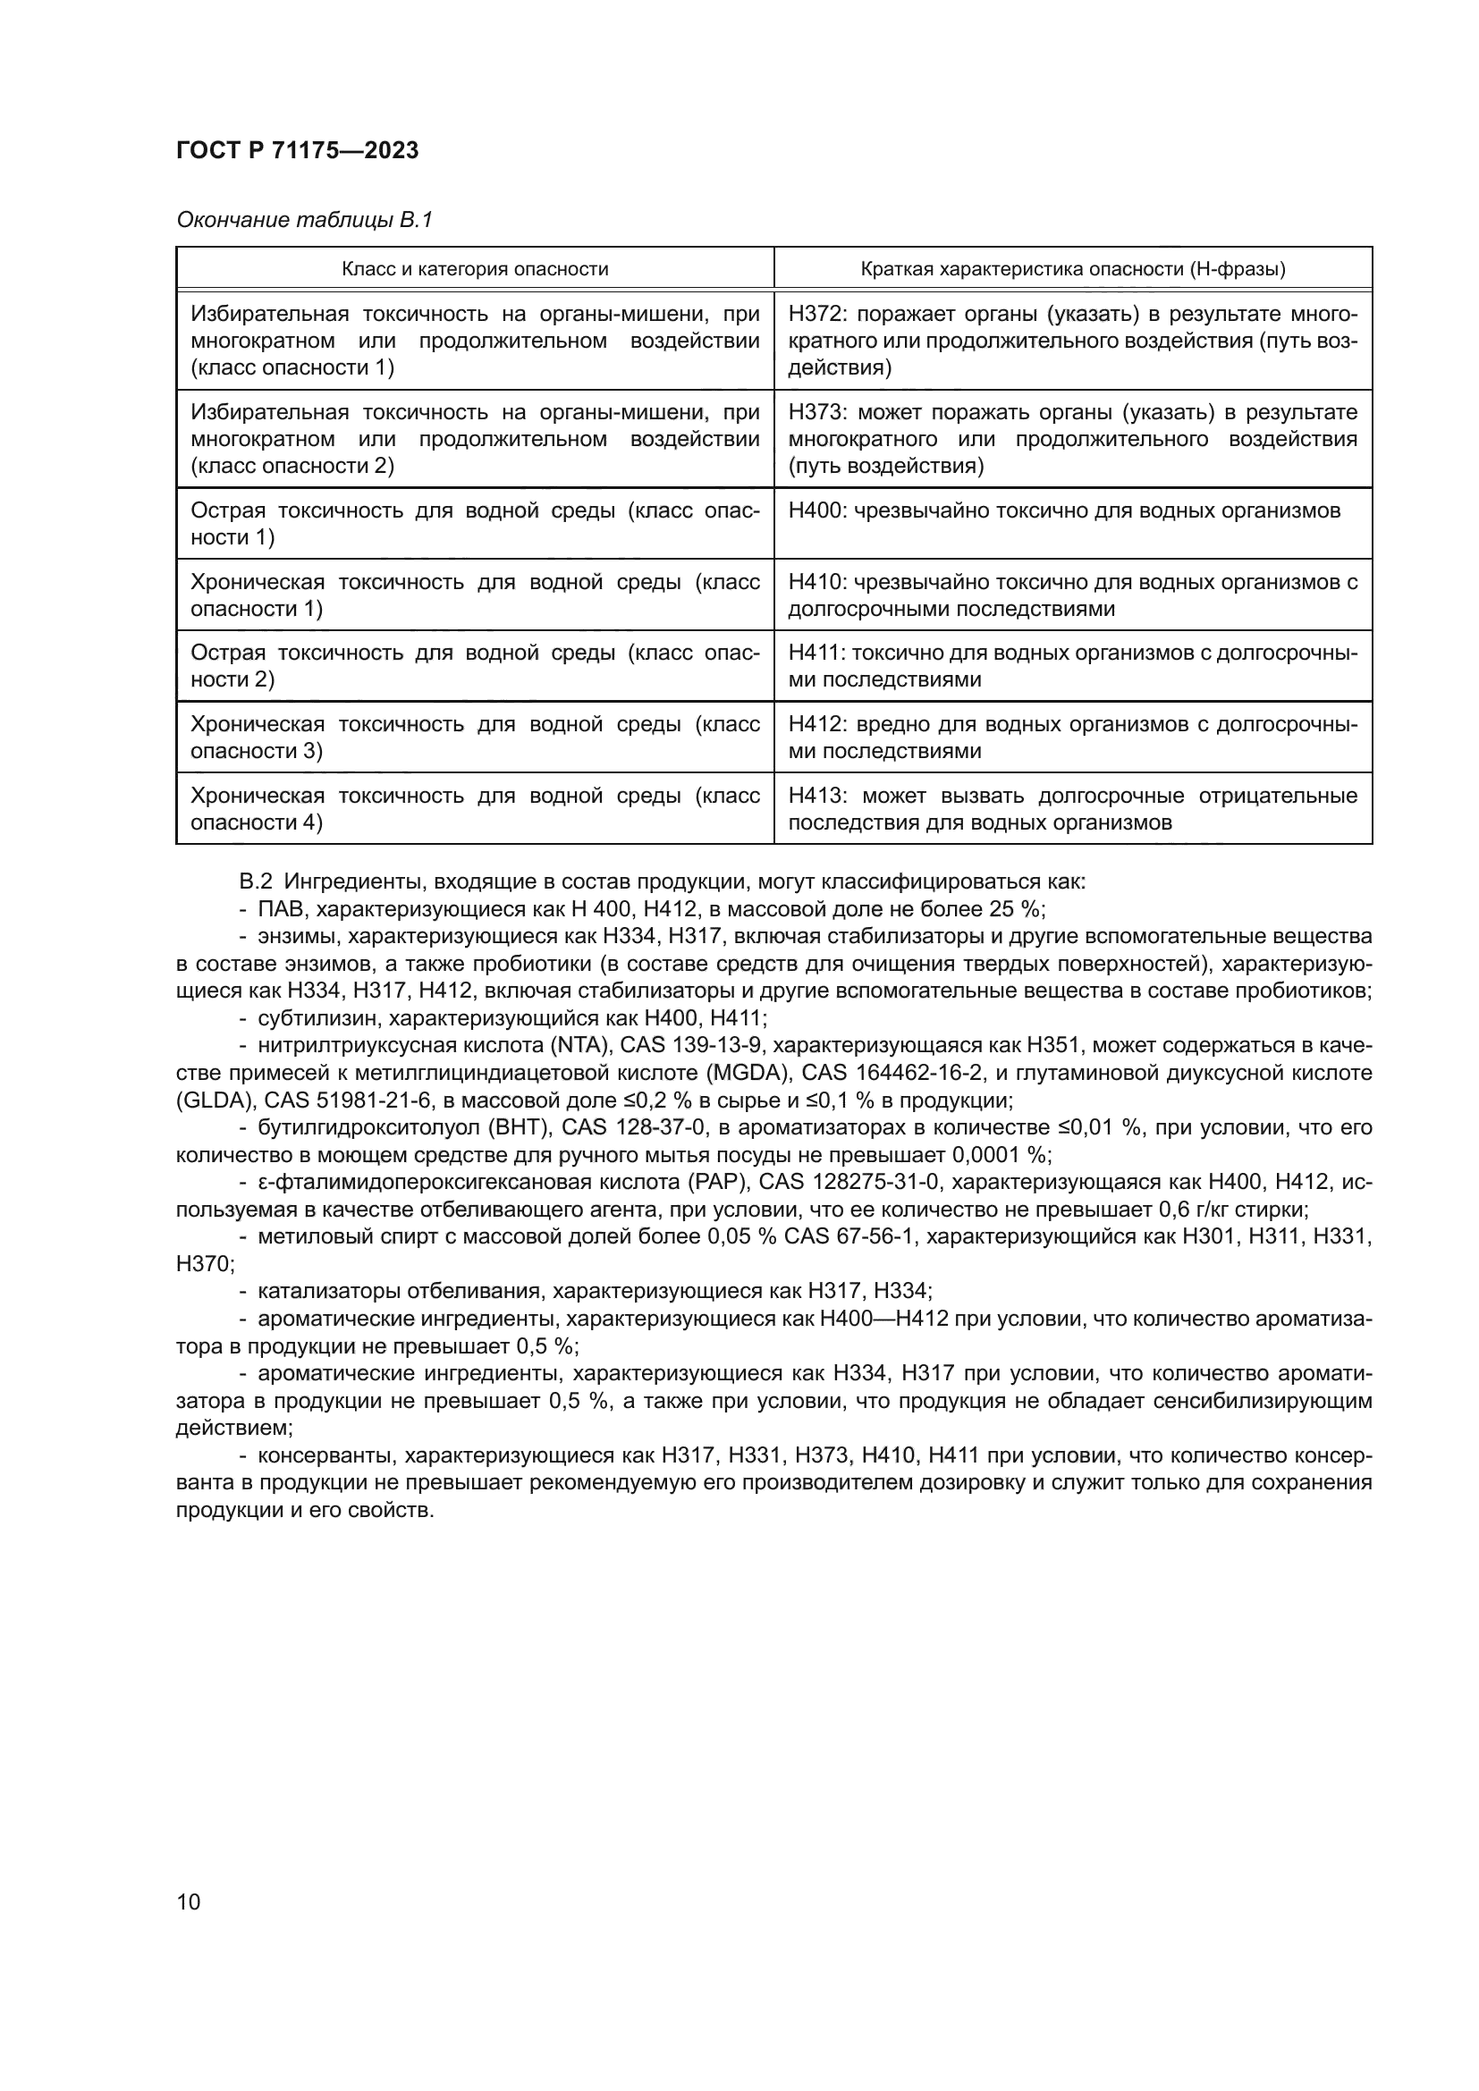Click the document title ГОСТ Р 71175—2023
click(297, 151)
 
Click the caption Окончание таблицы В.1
click(304, 220)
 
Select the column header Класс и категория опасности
click(475, 269)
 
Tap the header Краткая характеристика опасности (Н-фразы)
click(1073, 269)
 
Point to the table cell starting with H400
click(1064, 511)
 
